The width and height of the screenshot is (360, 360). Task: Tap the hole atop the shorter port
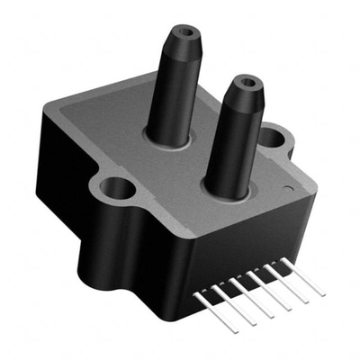tap(245, 84)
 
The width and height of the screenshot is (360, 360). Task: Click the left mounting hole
tap(116, 189)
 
